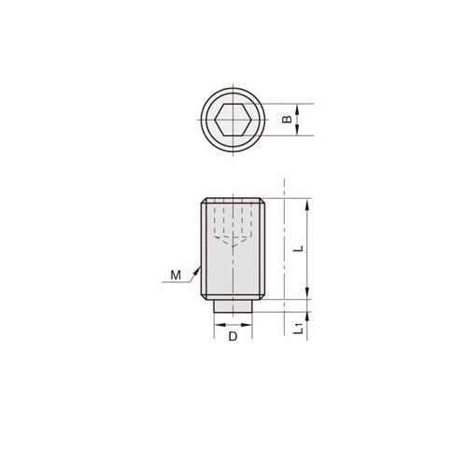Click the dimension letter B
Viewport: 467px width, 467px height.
click(x=288, y=120)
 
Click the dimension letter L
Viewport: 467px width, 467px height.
click(x=299, y=248)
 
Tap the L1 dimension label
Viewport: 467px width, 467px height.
click(x=299, y=329)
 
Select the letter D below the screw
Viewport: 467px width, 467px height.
click(x=233, y=336)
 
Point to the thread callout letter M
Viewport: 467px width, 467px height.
click(x=176, y=276)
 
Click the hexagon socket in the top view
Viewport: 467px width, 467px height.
click(x=233, y=120)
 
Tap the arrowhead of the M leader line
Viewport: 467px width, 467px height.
click(x=197, y=270)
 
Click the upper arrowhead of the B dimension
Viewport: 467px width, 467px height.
click(x=297, y=109)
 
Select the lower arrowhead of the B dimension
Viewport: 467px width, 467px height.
click(x=297, y=130)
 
